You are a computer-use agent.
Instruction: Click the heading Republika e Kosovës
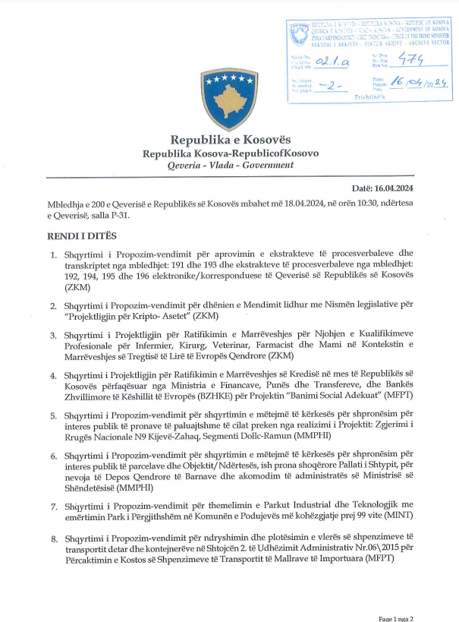[230, 140]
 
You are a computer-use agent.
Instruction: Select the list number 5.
[54, 415]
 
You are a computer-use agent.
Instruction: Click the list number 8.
[54, 538]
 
